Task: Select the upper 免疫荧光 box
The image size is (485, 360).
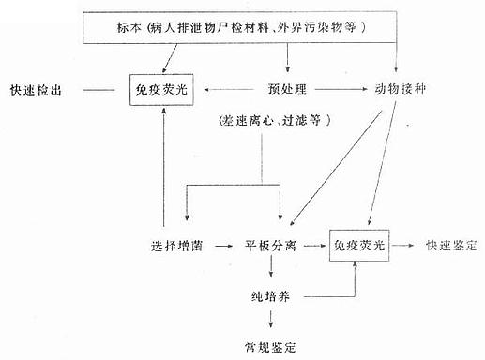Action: pyautogui.click(x=165, y=90)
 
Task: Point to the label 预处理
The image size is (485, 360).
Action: pyautogui.click(x=285, y=90)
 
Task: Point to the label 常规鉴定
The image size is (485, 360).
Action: pyautogui.click(x=271, y=345)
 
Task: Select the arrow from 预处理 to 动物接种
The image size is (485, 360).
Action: pyautogui.click(x=341, y=90)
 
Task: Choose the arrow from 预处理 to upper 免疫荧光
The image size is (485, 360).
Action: pyautogui.click(x=232, y=90)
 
